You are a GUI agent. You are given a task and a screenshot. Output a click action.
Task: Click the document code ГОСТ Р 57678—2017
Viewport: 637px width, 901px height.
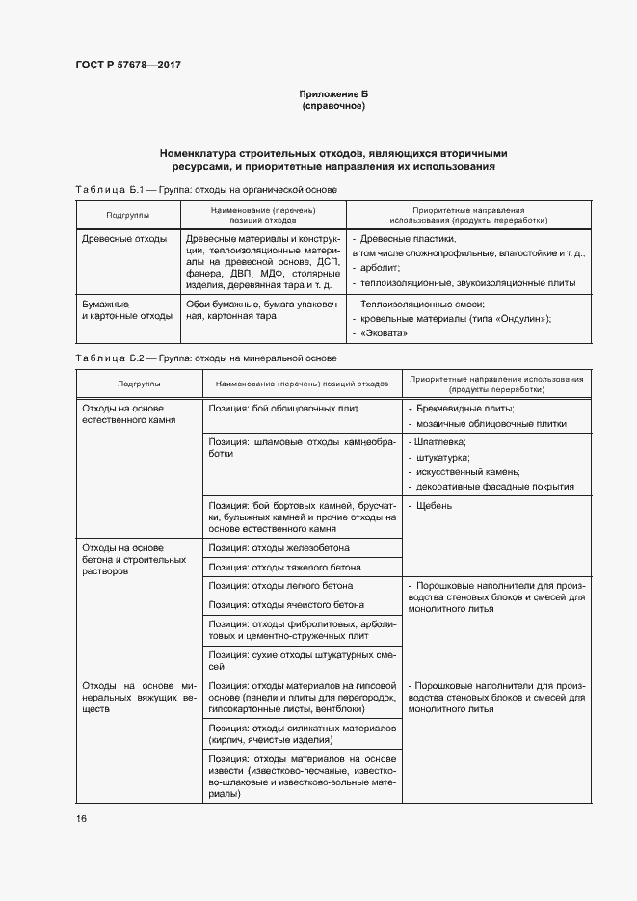tap(127, 65)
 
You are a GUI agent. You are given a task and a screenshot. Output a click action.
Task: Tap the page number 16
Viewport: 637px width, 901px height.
tap(81, 818)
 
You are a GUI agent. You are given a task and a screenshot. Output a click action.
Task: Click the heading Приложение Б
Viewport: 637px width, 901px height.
tap(333, 93)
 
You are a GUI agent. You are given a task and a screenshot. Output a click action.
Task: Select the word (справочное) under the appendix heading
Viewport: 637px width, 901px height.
tap(333, 105)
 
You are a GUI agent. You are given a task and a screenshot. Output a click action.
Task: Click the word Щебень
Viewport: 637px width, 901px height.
tap(436, 505)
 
